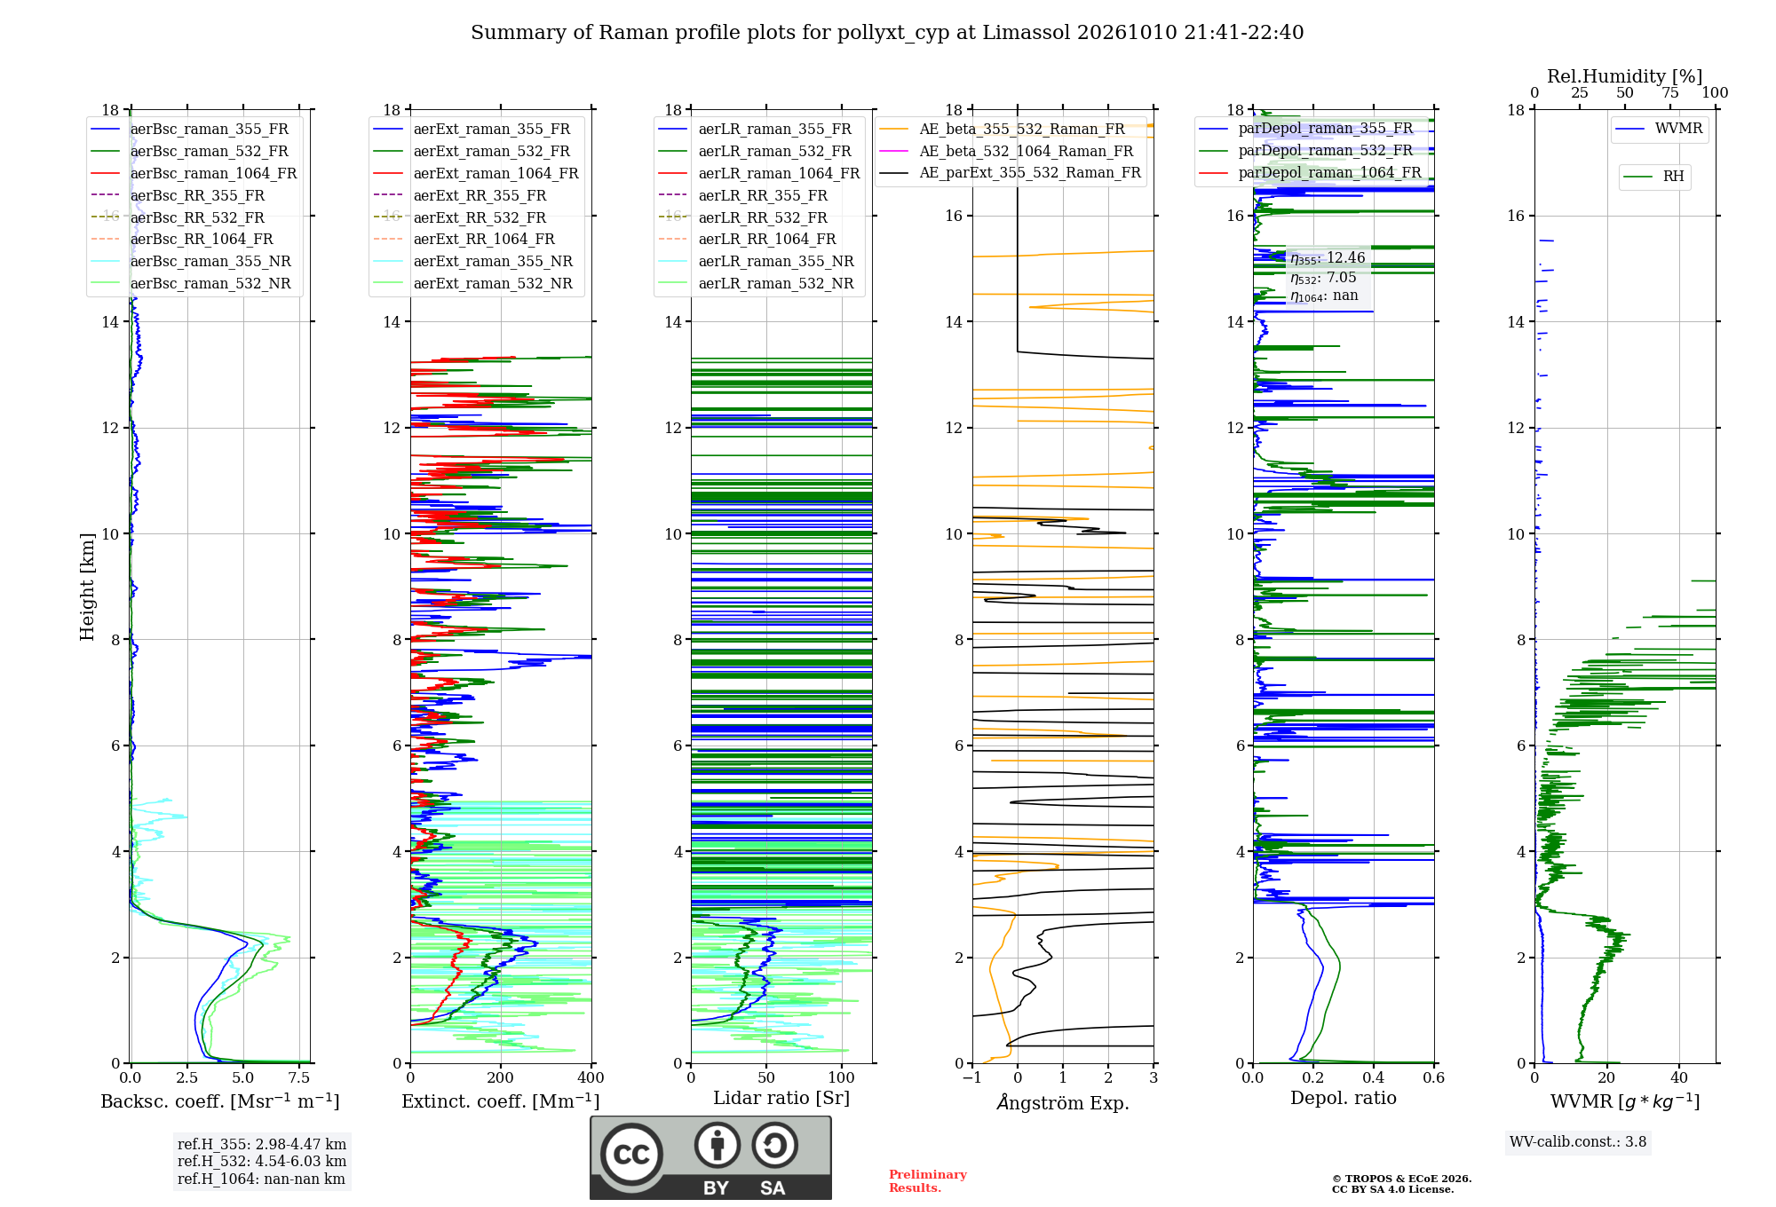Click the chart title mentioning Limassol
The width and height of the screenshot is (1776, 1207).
[x=887, y=33]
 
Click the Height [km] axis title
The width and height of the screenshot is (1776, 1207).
[x=87, y=587]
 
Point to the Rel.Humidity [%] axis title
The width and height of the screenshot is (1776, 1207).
[x=1625, y=76]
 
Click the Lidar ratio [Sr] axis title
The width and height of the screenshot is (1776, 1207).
[x=781, y=1098]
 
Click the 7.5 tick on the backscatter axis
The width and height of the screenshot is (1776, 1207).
[x=299, y=1077]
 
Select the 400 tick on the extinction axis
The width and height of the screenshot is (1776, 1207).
[x=591, y=1077]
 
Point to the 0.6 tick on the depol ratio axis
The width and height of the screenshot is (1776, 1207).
[x=1434, y=1077]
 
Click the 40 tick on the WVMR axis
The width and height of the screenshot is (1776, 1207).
[x=1679, y=1077]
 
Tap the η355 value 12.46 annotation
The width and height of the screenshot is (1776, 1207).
[x=1328, y=258]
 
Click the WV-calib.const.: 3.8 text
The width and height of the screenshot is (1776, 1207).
[x=1578, y=1142]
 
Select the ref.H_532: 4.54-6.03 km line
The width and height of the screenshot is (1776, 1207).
[x=262, y=1161]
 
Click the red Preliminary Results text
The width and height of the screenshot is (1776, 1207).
[x=928, y=1181]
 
